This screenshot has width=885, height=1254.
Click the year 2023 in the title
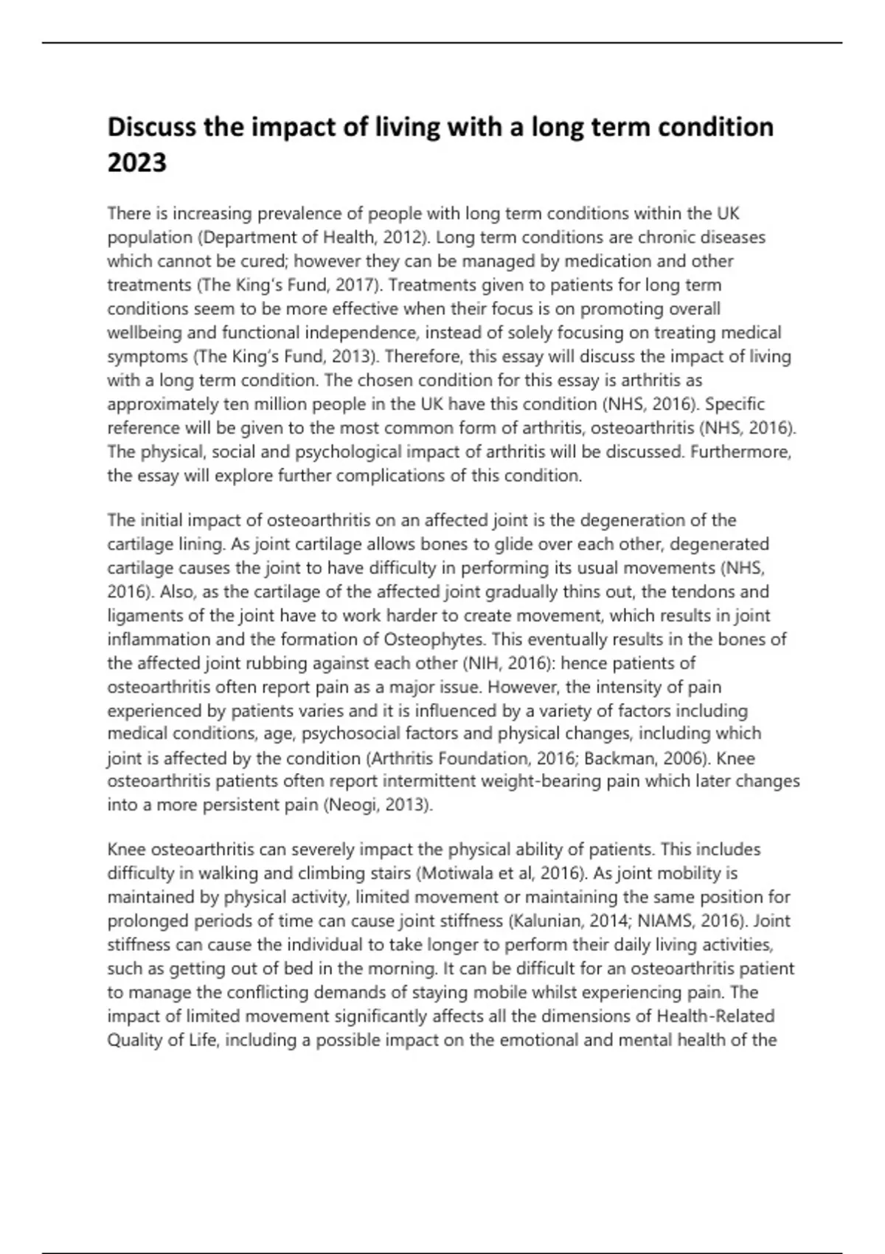click(x=137, y=162)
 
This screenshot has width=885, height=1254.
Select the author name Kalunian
click(x=545, y=921)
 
